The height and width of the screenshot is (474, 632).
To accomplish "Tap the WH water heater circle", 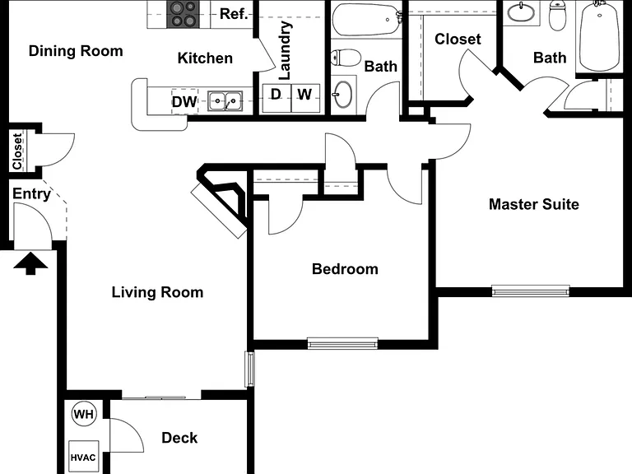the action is (84, 415).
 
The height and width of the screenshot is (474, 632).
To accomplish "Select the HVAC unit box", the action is (83, 457).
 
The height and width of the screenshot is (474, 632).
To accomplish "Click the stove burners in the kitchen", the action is (183, 15).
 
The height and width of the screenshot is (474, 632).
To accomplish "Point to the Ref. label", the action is (234, 14).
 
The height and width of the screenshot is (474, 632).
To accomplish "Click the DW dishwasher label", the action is (184, 101).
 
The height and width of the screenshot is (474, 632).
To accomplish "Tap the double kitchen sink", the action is (225, 100).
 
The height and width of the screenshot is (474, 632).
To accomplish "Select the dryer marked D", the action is (276, 98).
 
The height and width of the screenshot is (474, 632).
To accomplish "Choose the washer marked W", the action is (305, 98).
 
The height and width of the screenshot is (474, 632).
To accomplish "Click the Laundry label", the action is (285, 50).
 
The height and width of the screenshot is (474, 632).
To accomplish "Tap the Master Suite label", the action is (533, 204).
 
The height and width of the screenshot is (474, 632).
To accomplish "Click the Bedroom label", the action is (345, 269).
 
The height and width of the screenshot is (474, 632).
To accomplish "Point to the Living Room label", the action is (157, 292).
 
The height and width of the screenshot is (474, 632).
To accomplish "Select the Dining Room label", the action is (76, 51).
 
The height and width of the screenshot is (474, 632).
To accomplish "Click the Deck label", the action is (179, 438).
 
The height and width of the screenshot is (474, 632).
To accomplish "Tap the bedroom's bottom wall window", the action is (342, 343).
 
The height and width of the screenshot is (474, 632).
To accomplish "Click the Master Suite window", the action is (531, 290).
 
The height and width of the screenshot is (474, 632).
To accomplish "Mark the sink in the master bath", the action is (521, 12).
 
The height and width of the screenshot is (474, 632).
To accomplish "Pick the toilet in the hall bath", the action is (346, 58).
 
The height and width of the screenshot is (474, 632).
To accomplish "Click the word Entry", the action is (31, 194).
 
